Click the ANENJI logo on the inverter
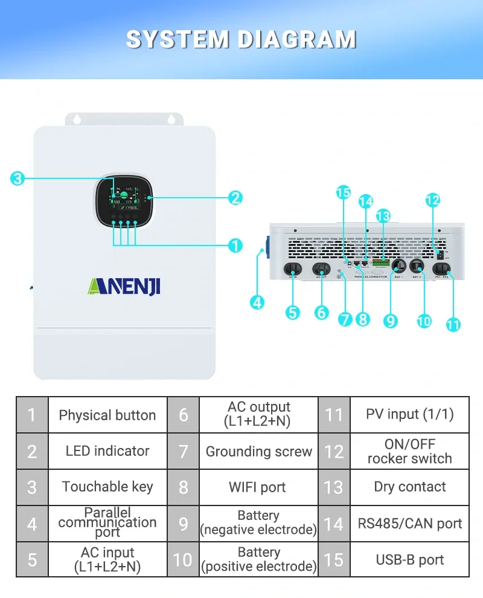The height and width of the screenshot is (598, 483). tap(124, 285)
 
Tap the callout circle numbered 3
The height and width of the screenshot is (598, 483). tap(18, 178)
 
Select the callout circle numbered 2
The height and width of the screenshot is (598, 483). tap(235, 197)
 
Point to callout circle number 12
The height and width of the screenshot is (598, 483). tap(432, 200)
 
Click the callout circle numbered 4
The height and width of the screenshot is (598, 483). tap(258, 302)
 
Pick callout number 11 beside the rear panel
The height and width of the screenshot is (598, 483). tap(453, 324)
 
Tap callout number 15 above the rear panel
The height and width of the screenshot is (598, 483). tap(344, 193)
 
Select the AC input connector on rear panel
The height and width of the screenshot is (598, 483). tap(292, 268)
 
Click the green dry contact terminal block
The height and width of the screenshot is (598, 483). tap(380, 263)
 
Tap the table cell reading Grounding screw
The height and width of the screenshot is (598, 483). tap(258, 452)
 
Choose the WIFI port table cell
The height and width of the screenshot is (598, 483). tap(258, 487)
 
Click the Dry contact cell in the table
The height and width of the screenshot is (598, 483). tap(409, 487)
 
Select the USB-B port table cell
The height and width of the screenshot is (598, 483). tap(409, 560)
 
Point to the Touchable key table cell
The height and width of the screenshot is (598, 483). tap(107, 487)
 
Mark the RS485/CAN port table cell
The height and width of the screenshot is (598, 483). tap(409, 524)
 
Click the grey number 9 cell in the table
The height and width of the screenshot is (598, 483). tap(183, 524)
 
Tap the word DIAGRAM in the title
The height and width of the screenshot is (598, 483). tap(297, 39)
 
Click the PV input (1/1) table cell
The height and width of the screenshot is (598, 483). tap(409, 415)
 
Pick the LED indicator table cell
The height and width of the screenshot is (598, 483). tap(107, 451)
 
